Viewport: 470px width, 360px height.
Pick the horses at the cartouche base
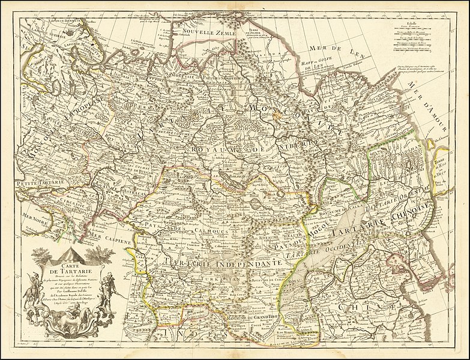click(60, 318)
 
